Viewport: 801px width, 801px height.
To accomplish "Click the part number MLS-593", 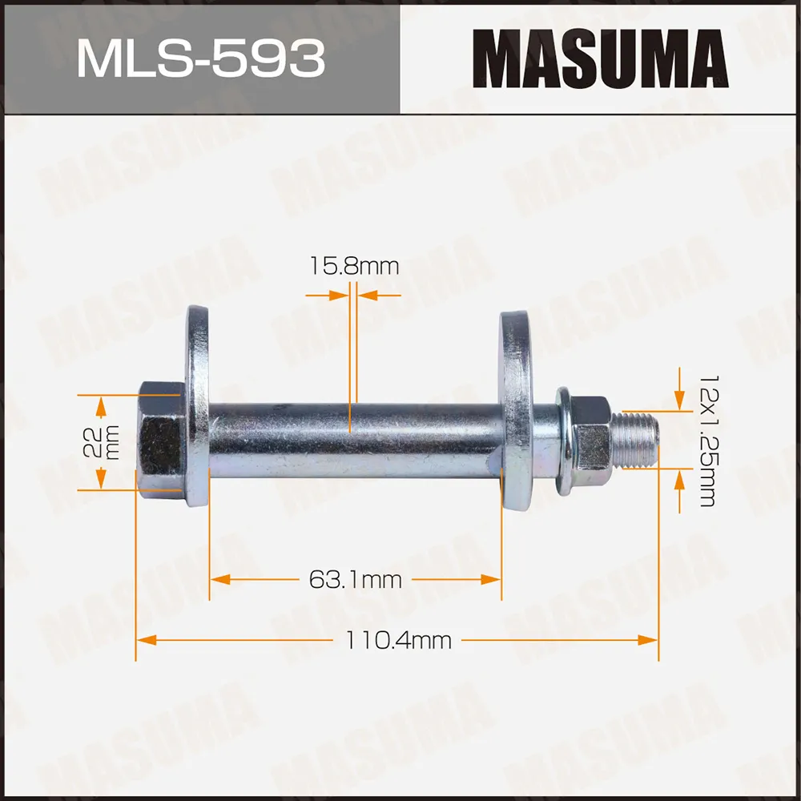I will [x=200, y=58].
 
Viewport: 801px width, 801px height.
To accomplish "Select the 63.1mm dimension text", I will [x=355, y=579].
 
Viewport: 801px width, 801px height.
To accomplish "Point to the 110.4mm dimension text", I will [x=398, y=640].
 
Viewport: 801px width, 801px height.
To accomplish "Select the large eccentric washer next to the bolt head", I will [x=197, y=407].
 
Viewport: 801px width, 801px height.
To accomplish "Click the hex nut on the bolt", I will [x=593, y=433].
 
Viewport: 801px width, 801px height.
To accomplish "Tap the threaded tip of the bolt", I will [x=638, y=439].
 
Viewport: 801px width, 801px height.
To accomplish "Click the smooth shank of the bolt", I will [x=352, y=441].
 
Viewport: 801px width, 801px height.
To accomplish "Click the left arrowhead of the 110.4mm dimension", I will [x=144, y=640].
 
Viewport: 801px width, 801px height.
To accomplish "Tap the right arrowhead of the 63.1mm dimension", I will [x=492, y=579].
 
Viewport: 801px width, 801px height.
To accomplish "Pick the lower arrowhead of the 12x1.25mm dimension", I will [x=680, y=481].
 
